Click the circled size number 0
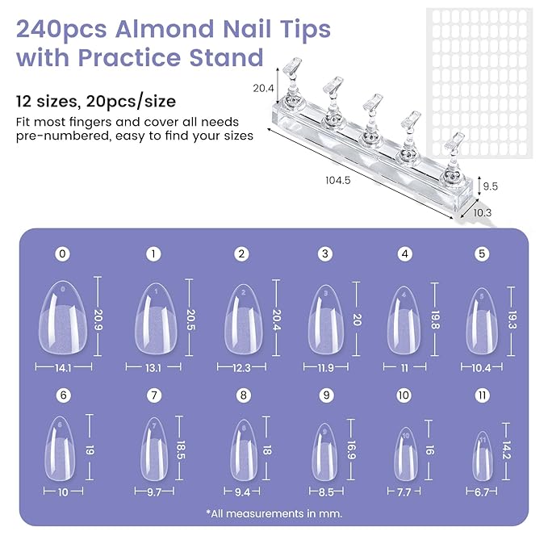click(x=63, y=253)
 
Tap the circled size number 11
click(x=482, y=396)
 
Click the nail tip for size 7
click(x=153, y=450)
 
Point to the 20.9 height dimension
click(x=98, y=319)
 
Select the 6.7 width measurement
click(x=482, y=491)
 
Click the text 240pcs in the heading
click(x=62, y=29)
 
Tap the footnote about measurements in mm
click(x=274, y=512)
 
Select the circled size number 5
click(x=482, y=253)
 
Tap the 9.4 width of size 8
click(x=241, y=491)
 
